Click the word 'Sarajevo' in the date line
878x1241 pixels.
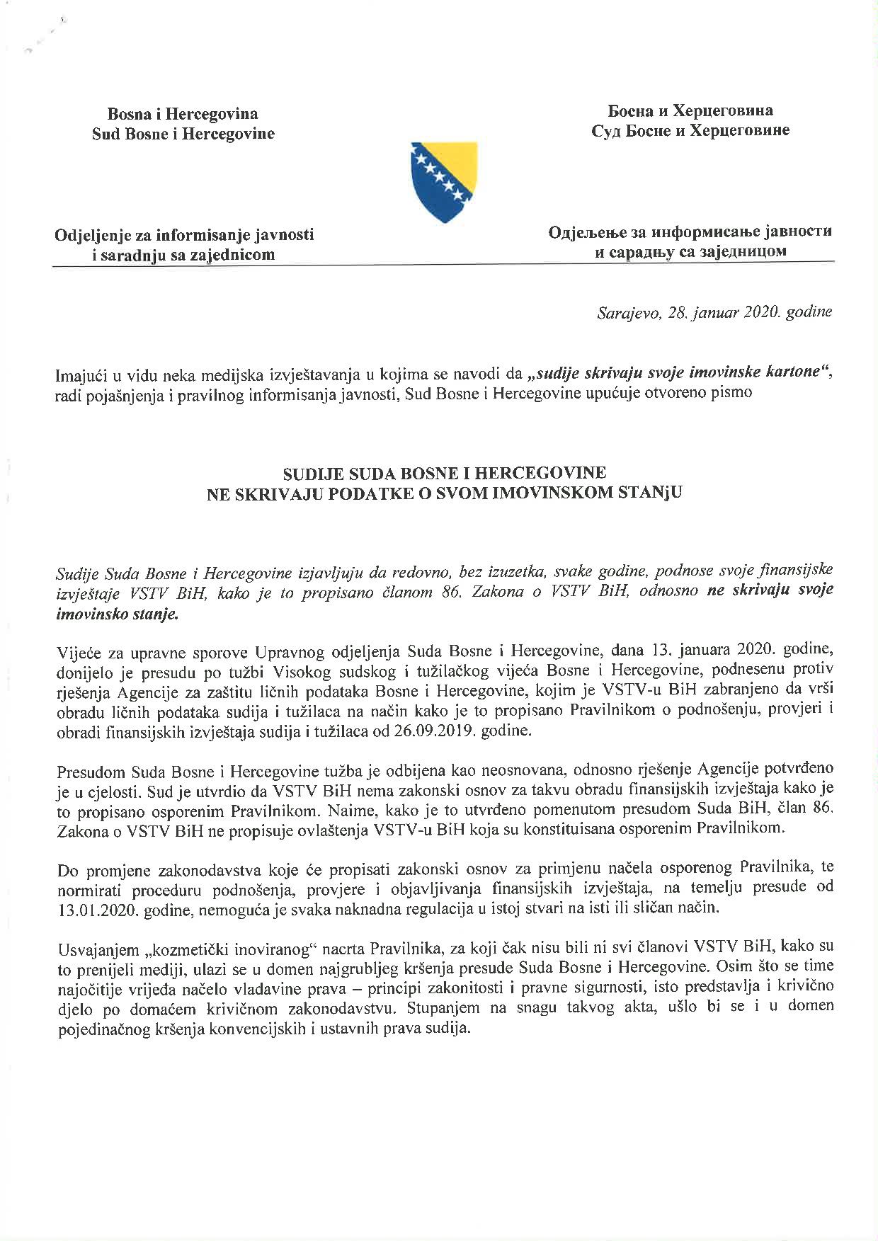pyautogui.click(x=624, y=312)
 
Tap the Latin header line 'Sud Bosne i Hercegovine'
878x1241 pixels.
pyautogui.click(x=183, y=133)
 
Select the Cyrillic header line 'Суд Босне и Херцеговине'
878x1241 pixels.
pyautogui.click(x=691, y=130)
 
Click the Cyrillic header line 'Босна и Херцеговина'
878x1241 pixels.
pyautogui.click(x=691, y=110)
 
